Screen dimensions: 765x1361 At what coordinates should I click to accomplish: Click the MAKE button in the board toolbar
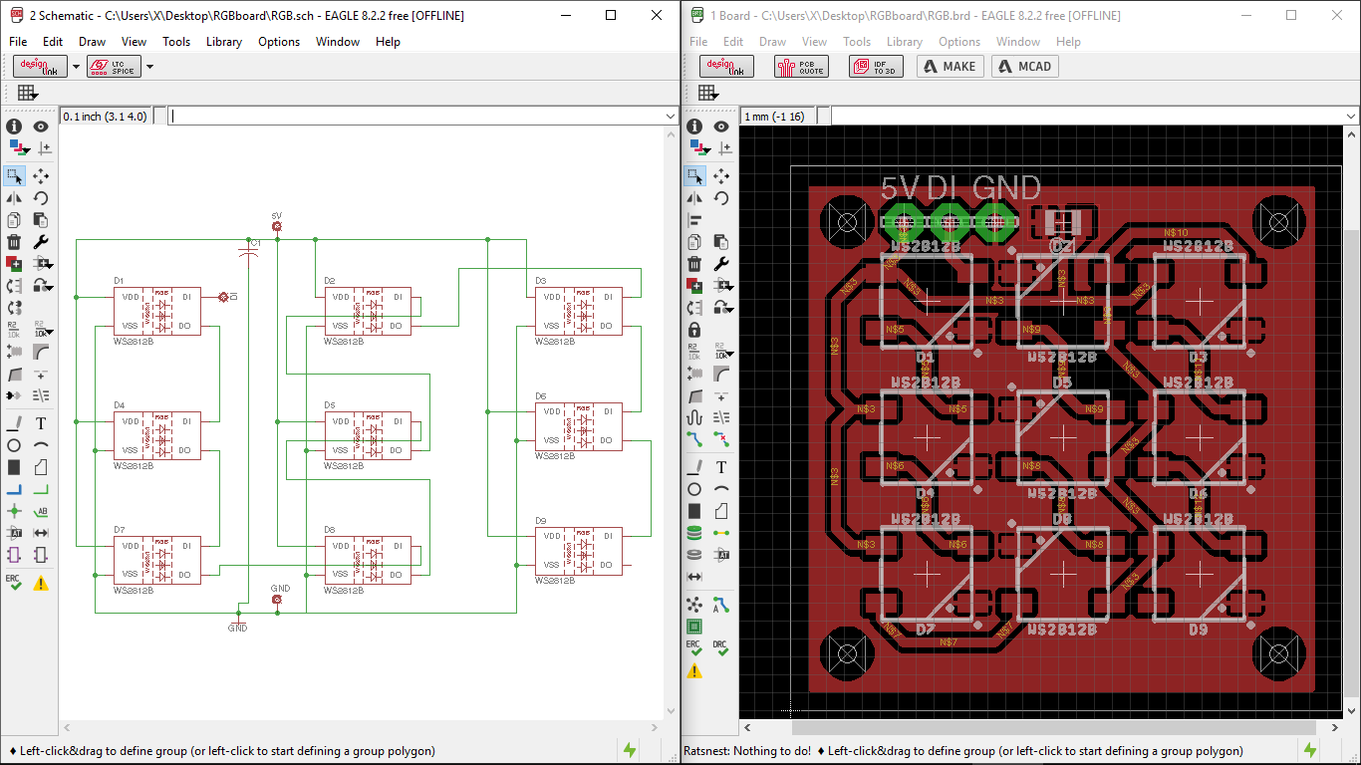(x=950, y=67)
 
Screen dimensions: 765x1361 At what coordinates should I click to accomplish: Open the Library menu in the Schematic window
(x=223, y=42)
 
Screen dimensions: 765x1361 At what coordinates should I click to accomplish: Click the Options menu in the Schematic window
(x=279, y=42)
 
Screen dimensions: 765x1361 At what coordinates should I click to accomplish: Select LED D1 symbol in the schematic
(x=156, y=311)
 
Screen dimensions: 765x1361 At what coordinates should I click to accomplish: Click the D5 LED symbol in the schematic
(x=368, y=435)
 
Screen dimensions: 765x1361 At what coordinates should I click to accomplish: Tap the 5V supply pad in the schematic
(x=277, y=227)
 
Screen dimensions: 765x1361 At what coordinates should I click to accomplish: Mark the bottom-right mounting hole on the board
(x=1278, y=654)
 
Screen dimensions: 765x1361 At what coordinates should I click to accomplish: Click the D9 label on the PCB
(x=1198, y=630)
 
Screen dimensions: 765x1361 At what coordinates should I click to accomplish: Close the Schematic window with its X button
(x=656, y=16)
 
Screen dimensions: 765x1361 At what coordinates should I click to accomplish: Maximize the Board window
(x=1291, y=16)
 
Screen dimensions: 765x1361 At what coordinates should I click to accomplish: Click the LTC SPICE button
(x=114, y=67)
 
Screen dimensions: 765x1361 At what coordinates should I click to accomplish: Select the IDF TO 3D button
(x=876, y=67)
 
